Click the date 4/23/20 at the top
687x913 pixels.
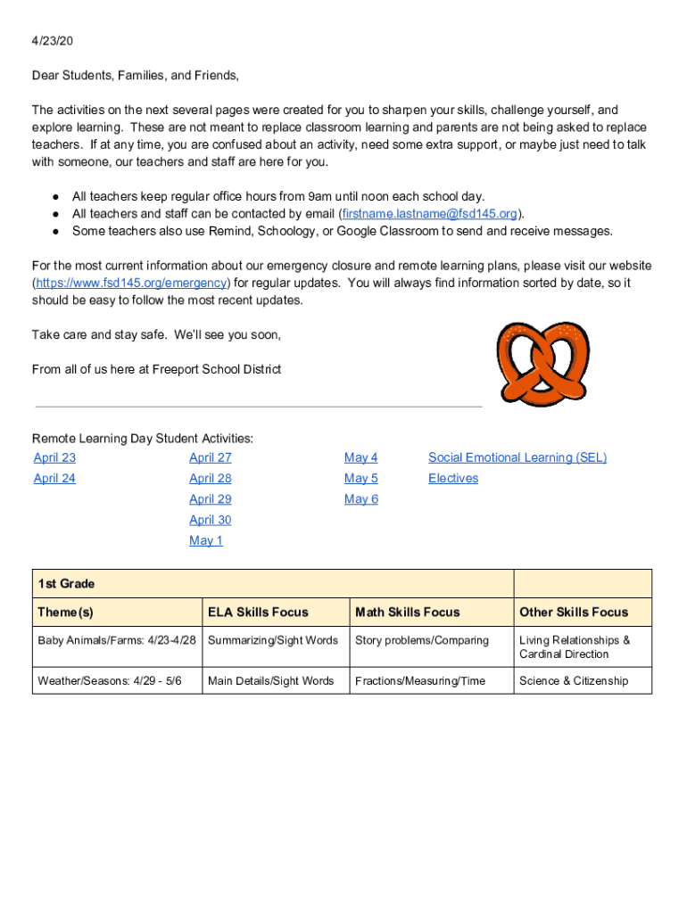(x=53, y=41)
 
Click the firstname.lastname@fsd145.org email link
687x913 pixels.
(x=430, y=214)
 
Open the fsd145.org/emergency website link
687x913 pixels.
(x=132, y=284)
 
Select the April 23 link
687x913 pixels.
(x=54, y=457)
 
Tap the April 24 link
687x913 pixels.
(x=54, y=479)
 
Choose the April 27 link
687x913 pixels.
(x=211, y=457)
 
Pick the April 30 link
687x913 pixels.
(x=211, y=520)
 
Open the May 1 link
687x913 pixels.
(x=206, y=541)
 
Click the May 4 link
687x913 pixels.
(x=361, y=457)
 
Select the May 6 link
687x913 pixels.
(x=361, y=499)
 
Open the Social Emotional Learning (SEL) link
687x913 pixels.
(x=517, y=457)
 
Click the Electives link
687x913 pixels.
(x=453, y=479)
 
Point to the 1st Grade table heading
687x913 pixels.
(x=67, y=584)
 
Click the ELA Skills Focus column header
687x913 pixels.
(x=258, y=613)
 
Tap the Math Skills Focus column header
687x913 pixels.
(x=408, y=613)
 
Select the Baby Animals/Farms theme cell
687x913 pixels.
(x=116, y=641)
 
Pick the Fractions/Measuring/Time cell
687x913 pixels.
(x=420, y=681)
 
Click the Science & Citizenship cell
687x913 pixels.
(x=574, y=681)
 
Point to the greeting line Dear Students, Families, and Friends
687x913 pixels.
(x=136, y=76)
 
